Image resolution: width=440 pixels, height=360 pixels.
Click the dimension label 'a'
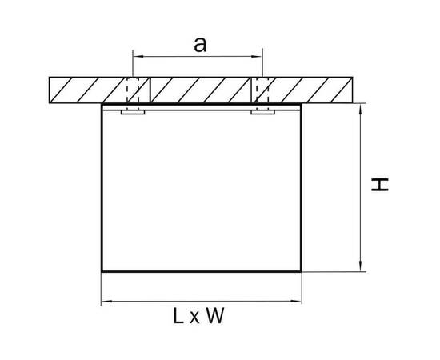point(200,45)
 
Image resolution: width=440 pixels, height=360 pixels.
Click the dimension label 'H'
point(380,184)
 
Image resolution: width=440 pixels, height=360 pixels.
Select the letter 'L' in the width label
point(178,316)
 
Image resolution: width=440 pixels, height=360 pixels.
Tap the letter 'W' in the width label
point(215,316)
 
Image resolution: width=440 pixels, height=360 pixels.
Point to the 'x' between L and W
point(194,318)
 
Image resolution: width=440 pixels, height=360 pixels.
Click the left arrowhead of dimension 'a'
point(138,56)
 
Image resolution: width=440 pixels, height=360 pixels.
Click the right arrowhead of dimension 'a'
point(257,56)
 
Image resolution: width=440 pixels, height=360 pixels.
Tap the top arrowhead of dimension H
point(360,109)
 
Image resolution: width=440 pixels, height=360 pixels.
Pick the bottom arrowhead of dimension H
point(360,266)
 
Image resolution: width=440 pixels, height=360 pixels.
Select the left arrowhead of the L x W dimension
point(106,302)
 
